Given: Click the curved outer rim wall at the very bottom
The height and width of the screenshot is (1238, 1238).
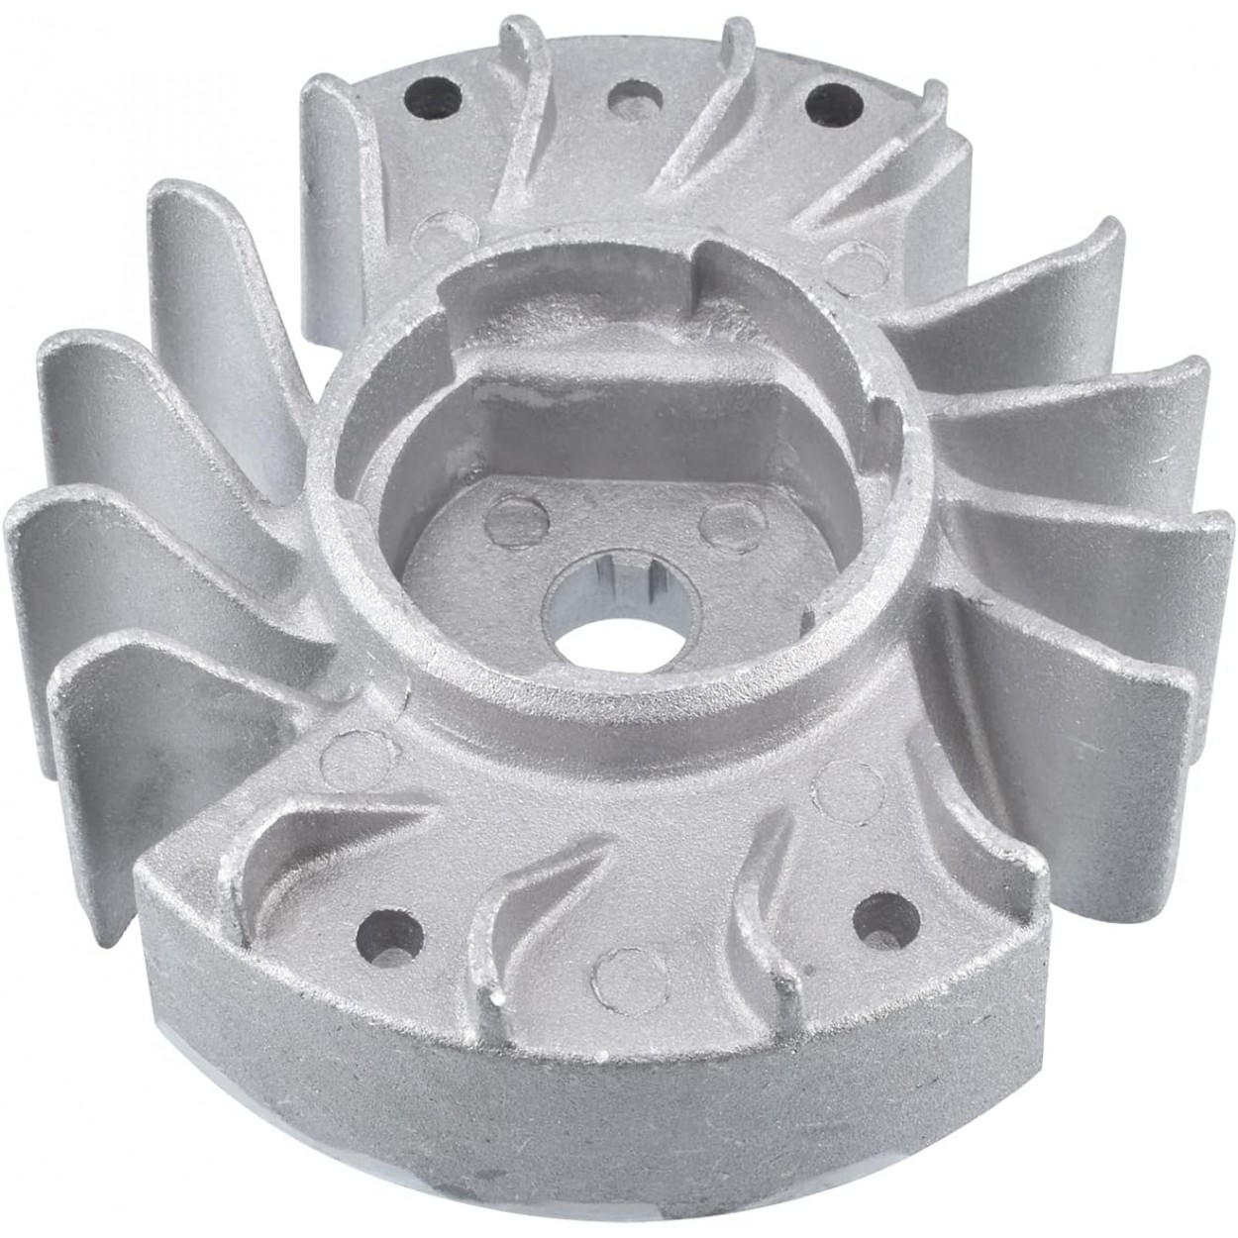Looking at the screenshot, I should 614,1119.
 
